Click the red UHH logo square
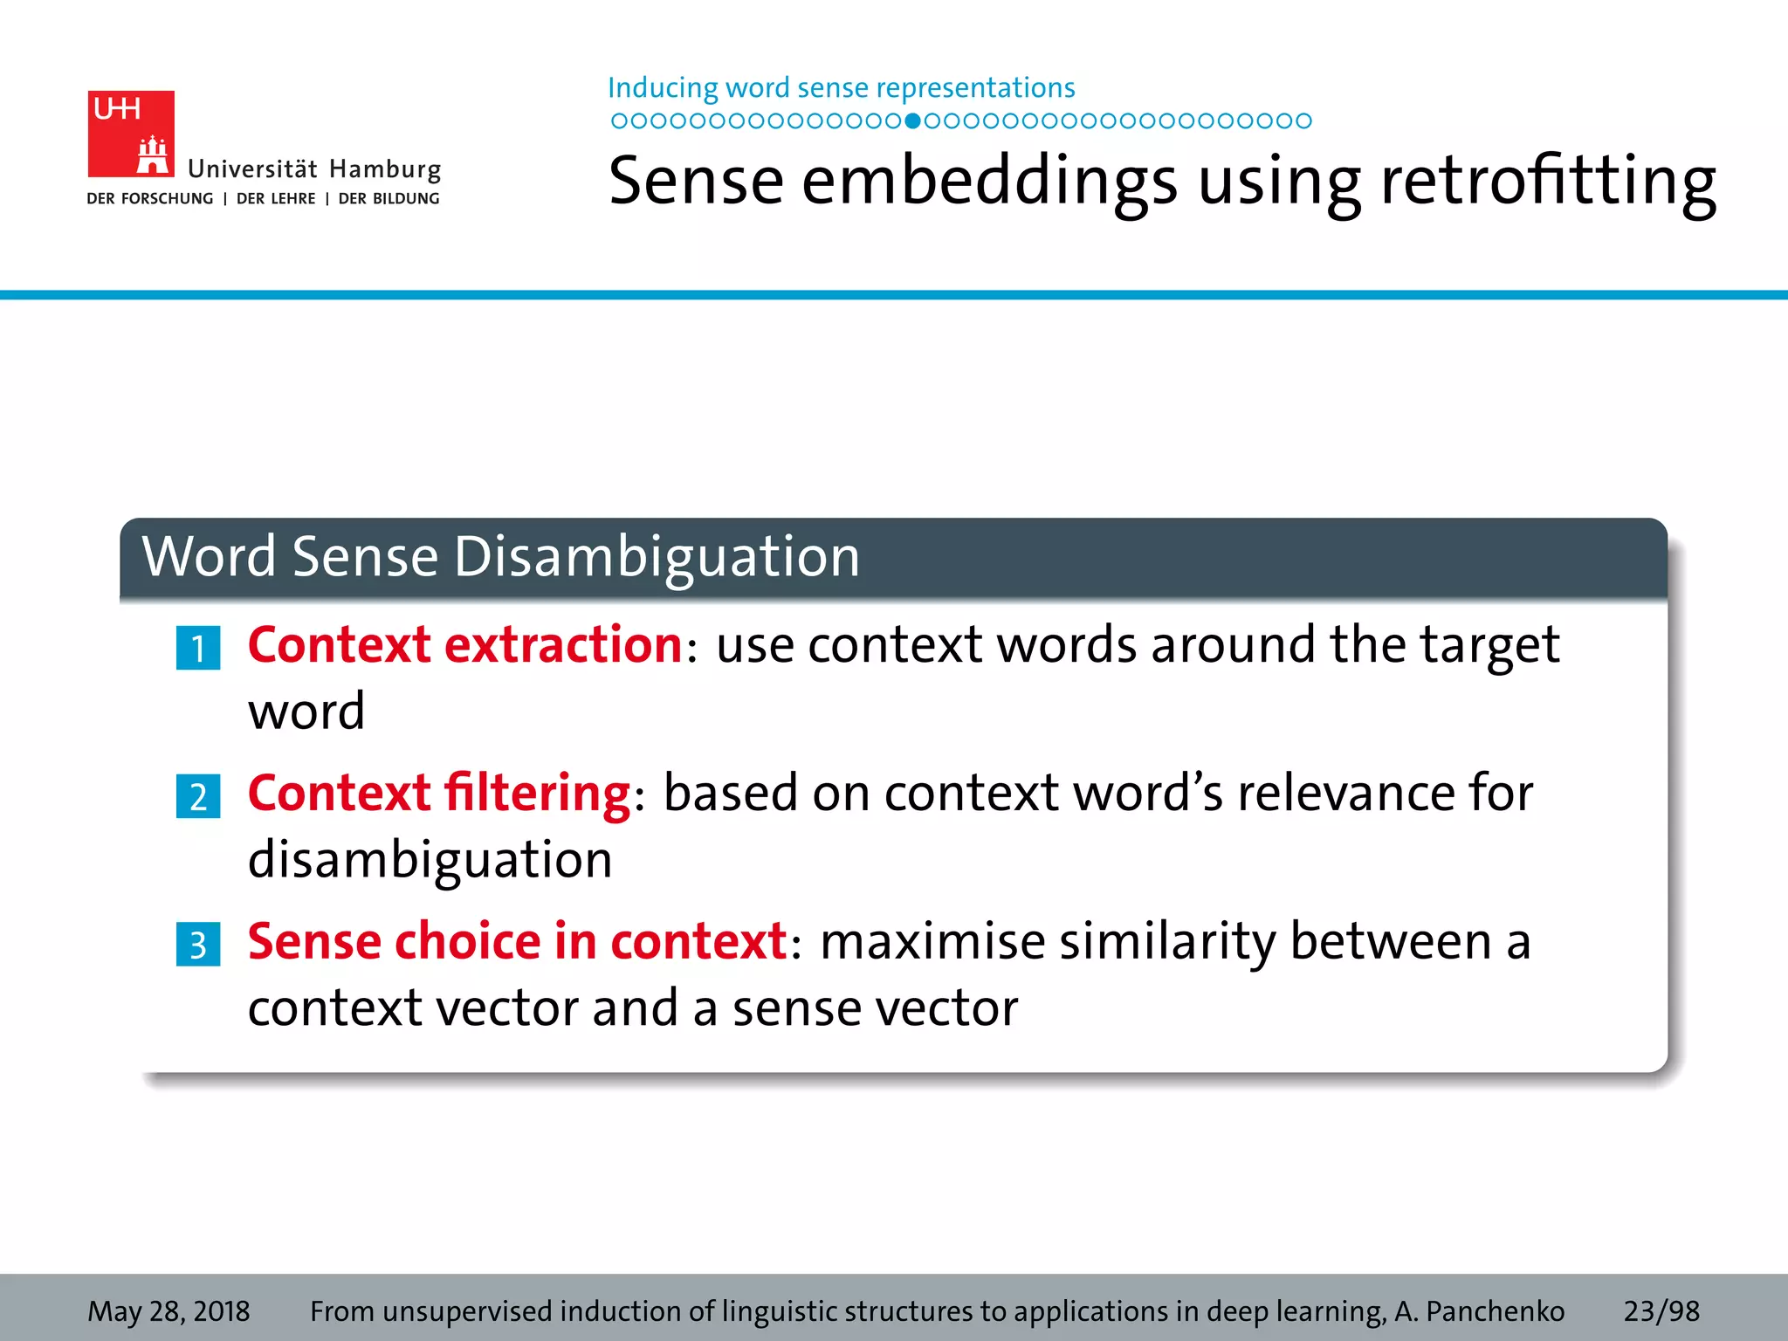(131, 134)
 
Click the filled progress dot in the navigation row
(912, 121)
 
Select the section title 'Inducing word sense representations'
(841, 88)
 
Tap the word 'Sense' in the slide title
(696, 181)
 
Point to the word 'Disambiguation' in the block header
(657, 557)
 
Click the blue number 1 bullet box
(198, 649)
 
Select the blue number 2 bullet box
(198, 797)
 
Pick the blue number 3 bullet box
(198, 945)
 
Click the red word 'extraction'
(563, 645)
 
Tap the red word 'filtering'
(537, 794)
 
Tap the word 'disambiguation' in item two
(430, 861)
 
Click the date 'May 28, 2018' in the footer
(168, 1311)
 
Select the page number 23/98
(1661, 1311)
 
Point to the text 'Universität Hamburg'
(314, 169)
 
